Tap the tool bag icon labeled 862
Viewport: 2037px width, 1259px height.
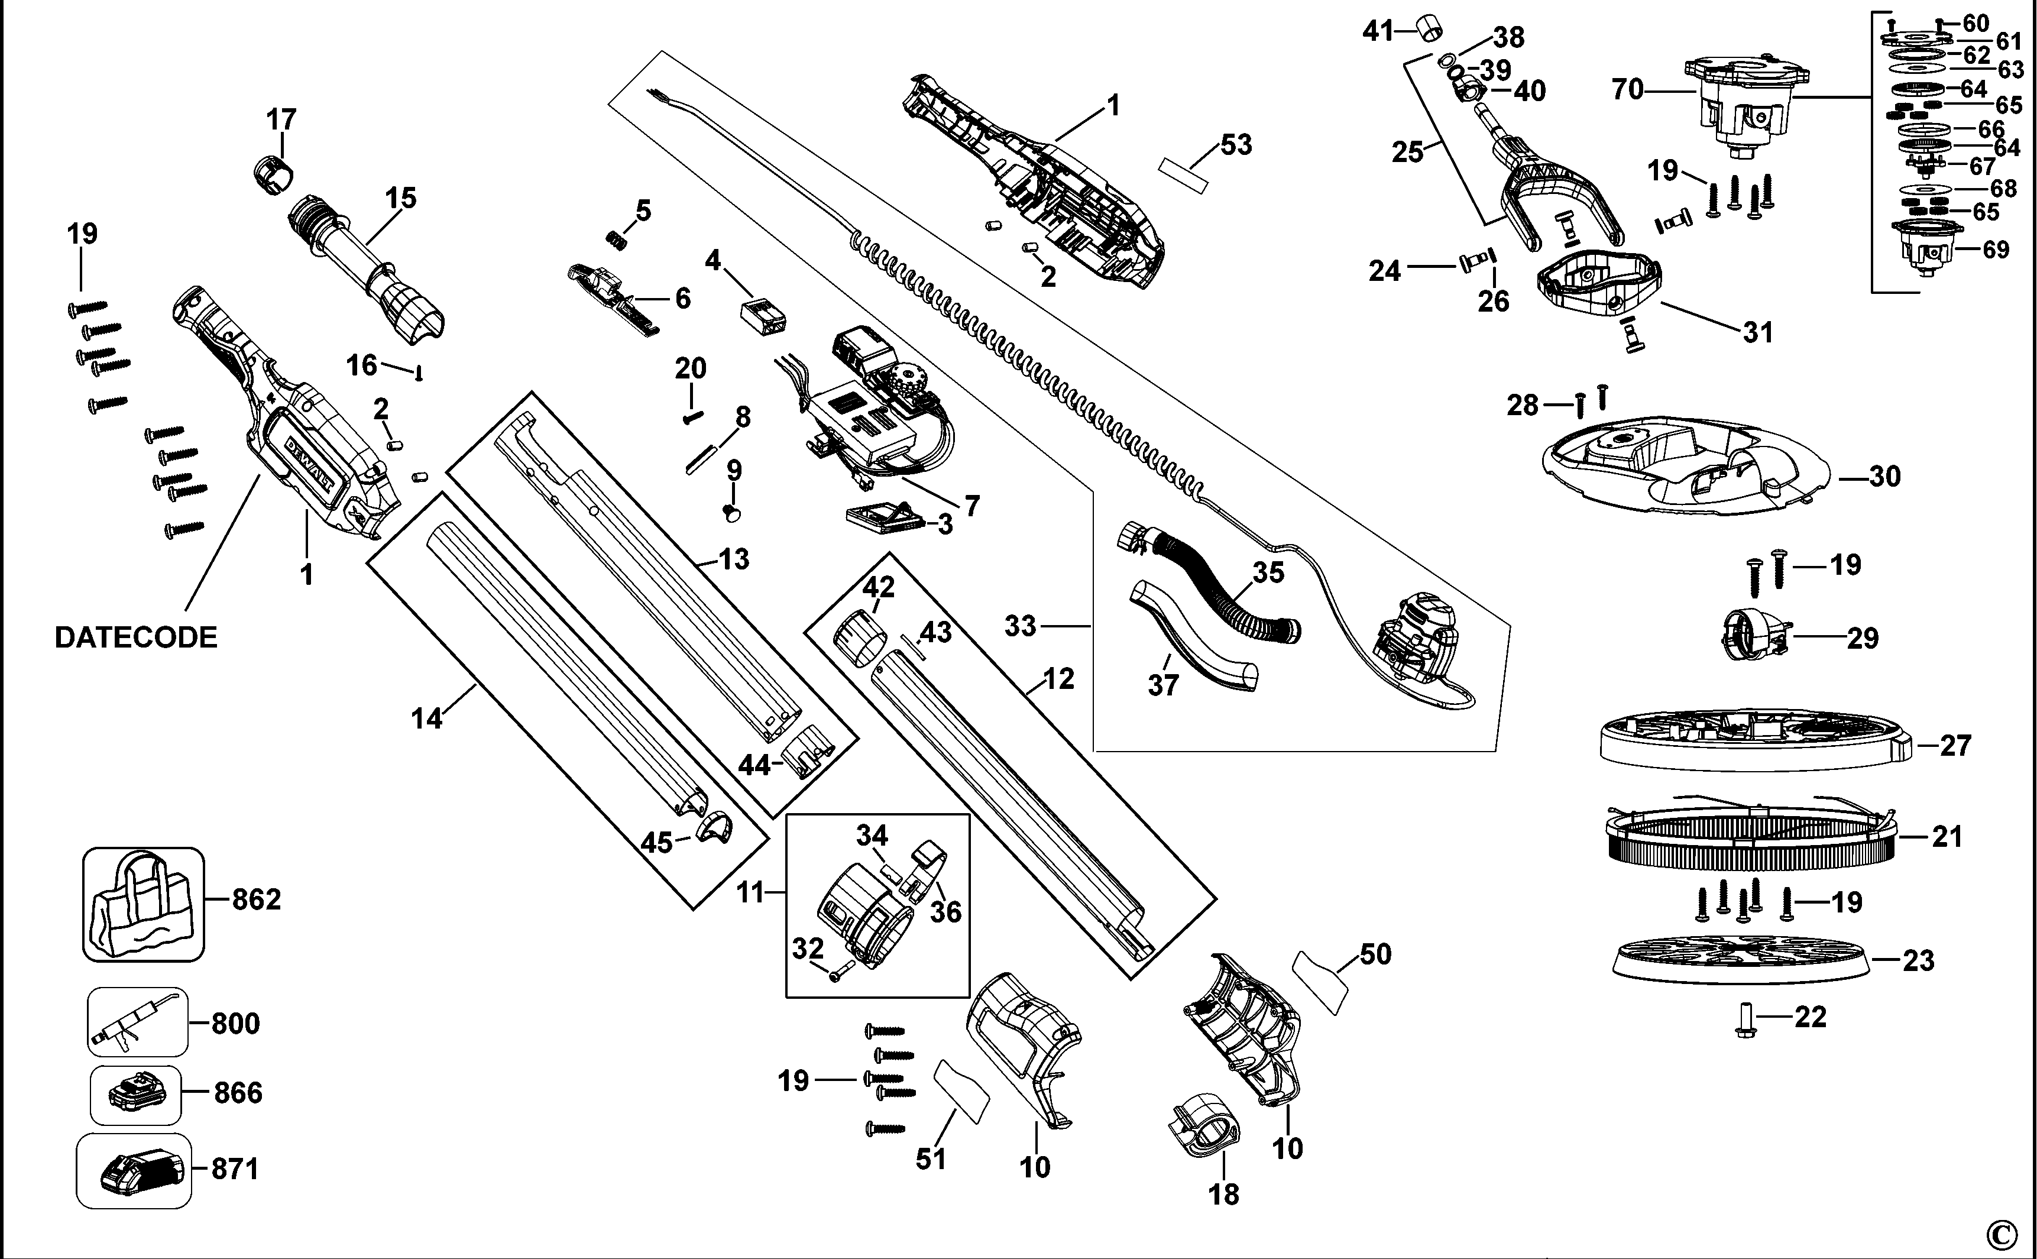pyautogui.click(x=143, y=905)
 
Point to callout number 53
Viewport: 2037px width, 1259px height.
pyautogui.click(x=1236, y=145)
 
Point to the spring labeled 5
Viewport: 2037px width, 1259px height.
pyautogui.click(x=615, y=238)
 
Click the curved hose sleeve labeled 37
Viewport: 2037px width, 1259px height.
pyautogui.click(x=1192, y=640)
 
